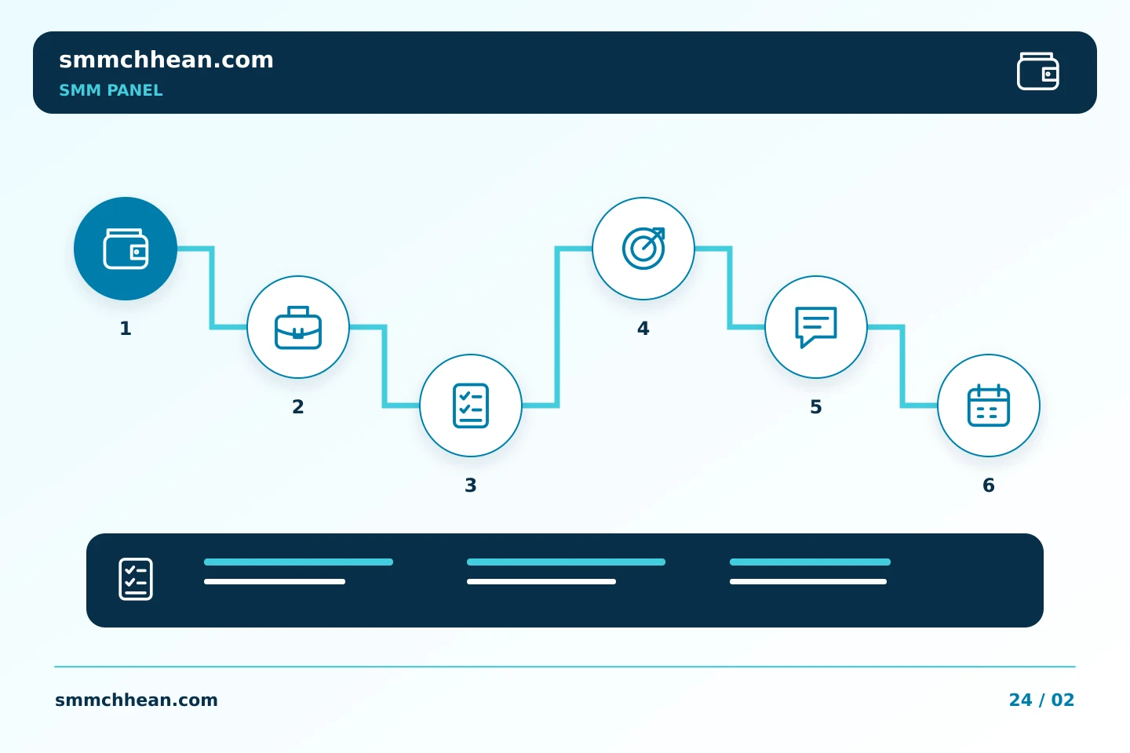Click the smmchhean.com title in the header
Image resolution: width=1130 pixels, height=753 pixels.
[x=166, y=60]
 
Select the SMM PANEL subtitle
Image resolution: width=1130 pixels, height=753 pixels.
[x=111, y=90]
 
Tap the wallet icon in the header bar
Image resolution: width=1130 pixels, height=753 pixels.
[x=1037, y=71]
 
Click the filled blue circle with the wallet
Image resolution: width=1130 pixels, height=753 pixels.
[x=126, y=249]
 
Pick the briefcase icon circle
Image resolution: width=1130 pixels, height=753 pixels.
[x=298, y=327]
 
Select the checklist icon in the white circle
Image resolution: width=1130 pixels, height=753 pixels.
[x=471, y=406]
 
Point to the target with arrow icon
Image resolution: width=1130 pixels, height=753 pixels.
[x=643, y=248]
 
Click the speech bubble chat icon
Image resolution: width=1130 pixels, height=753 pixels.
[x=816, y=327]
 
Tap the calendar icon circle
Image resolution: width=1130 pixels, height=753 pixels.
[x=989, y=406]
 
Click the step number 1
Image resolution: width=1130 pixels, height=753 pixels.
[x=126, y=329]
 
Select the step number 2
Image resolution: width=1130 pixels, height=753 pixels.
[x=298, y=406]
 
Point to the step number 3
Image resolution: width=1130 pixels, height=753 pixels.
[x=471, y=486]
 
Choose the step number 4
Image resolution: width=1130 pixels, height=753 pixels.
[x=643, y=329]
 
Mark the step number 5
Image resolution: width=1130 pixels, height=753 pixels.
[x=816, y=406]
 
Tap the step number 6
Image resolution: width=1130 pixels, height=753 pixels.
[x=989, y=486]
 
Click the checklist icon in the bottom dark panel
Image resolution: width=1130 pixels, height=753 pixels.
[x=136, y=579]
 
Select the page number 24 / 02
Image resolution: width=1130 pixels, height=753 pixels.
[x=1041, y=700]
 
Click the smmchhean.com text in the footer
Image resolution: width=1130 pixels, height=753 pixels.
[x=137, y=700]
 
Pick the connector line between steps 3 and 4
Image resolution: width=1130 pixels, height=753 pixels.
[x=557, y=327]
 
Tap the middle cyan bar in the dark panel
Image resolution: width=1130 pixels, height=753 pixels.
[x=566, y=562]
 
